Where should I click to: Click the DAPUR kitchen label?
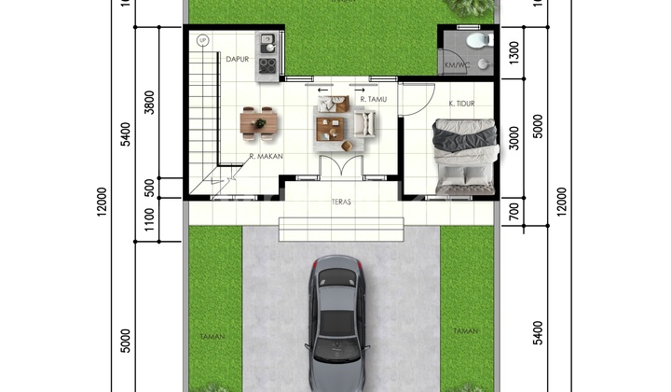coord(236,59)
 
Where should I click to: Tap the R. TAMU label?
coord(374,100)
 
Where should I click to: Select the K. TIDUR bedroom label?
coord(463,105)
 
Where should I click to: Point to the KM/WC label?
coord(457,65)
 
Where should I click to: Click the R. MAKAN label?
coord(266,157)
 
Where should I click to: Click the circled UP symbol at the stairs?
coord(203,40)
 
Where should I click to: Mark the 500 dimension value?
coord(151,186)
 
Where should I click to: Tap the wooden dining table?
coord(259,120)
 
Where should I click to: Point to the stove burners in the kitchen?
coord(267,65)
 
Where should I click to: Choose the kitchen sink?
coord(267,41)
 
